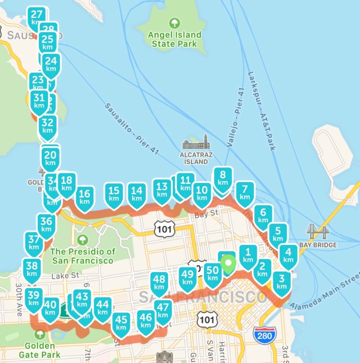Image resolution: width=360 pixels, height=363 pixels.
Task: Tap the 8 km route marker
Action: tap(223, 179)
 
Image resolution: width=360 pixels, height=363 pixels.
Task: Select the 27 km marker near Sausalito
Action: tap(36, 17)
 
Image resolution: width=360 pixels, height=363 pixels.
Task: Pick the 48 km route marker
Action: tap(159, 282)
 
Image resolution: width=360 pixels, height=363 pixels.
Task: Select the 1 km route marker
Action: tap(248, 255)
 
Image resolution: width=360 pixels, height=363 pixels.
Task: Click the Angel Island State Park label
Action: tap(174, 39)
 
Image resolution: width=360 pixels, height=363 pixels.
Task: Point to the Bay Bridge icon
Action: tap(318, 231)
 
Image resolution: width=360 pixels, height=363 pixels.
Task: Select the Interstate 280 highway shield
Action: tap(262, 335)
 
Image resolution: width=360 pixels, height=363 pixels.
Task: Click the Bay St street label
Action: tap(204, 215)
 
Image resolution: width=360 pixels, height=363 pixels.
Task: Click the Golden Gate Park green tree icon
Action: tap(40, 334)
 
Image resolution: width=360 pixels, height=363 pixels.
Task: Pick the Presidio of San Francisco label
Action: tap(83, 256)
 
